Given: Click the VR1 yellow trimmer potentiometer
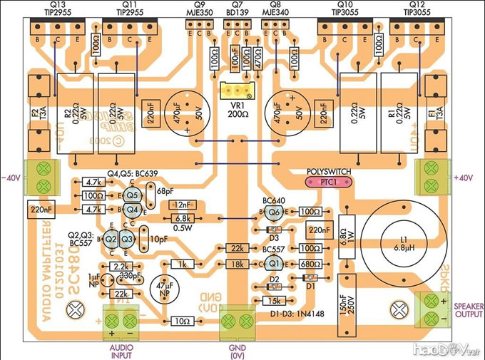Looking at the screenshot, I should point(234,92).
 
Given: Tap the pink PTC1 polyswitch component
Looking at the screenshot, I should point(327,182).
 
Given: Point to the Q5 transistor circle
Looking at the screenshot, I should point(131,195).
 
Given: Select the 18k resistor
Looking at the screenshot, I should point(235,264).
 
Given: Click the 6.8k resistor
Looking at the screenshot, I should point(180,218).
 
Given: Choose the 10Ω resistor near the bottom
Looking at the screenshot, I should point(183,322).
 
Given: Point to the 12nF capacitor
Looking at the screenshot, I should point(180,205).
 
